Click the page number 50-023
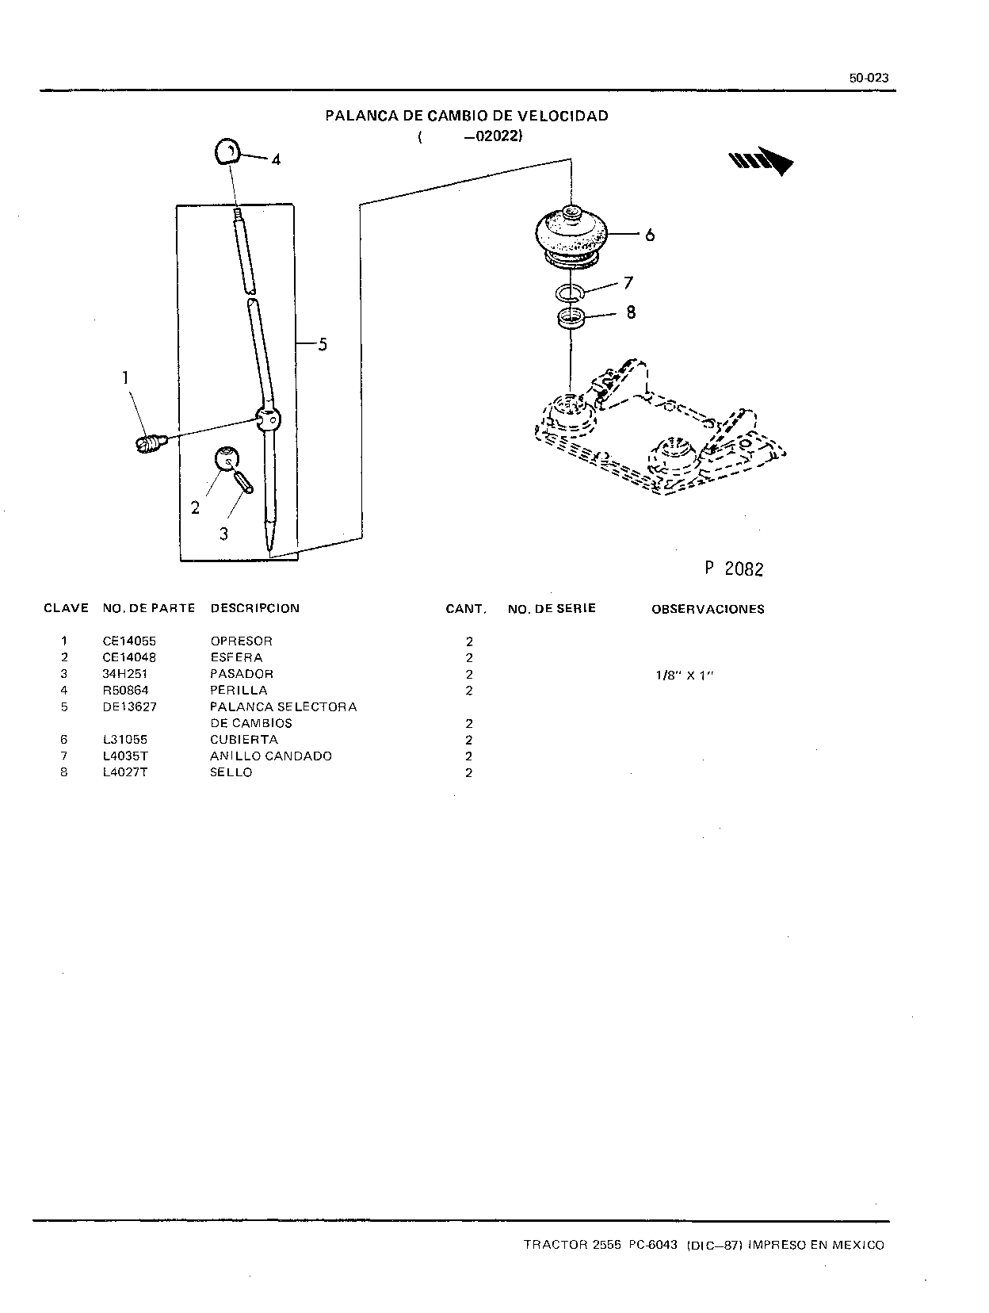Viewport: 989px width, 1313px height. pos(869,78)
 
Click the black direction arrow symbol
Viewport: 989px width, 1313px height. pos(760,160)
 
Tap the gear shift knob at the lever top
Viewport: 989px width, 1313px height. pos(227,151)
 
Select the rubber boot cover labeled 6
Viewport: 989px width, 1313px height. pos(571,235)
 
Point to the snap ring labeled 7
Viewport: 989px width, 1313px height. pos(569,293)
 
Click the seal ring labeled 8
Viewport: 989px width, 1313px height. pos(571,318)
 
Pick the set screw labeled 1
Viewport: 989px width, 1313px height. pos(150,443)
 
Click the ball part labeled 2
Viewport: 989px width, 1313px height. pos(227,459)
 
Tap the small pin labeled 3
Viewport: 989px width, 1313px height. pos(244,482)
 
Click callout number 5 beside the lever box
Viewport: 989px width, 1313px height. pos(322,344)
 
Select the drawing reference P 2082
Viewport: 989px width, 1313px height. pos(734,568)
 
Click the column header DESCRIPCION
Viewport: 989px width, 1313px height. pos(254,608)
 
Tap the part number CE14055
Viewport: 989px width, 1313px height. pos(129,641)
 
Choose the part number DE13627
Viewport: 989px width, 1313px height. pos(130,707)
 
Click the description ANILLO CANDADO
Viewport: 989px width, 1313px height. pos(271,756)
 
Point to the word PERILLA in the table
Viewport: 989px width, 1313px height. pos(239,691)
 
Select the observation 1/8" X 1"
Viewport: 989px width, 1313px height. pos(684,676)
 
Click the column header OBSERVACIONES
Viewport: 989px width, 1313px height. pos(708,609)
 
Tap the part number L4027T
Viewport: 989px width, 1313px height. pos(125,772)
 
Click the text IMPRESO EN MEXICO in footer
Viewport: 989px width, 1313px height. pos(815,1245)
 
